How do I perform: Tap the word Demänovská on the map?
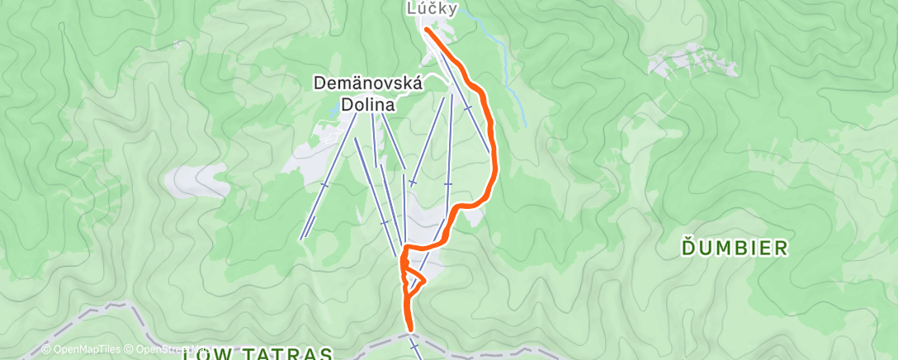pyautogui.click(x=368, y=83)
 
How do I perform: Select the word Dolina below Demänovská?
pyautogui.click(x=368, y=104)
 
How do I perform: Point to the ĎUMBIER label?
pyautogui.click(x=735, y=248)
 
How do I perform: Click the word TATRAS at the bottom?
pyautogui.click(x=289, y=354)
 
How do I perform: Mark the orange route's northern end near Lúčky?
pyautogui.click(x=427, y=30)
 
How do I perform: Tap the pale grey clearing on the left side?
pyautogui.click(x=196, y=180)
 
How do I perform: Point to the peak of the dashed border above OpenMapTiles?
pyautogui.click(x=120, y=305)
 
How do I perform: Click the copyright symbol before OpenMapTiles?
pyautogui.click(x=45, y=349)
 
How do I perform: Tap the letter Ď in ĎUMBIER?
pyautogui.click(x=688, y=248)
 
